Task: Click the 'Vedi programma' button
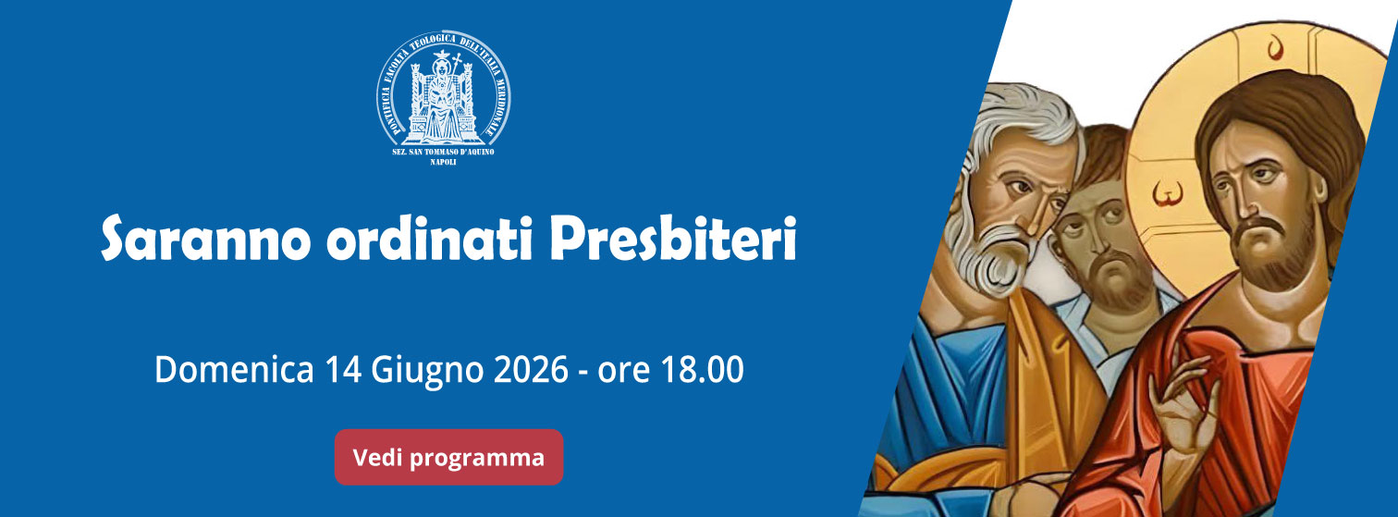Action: click(448, 457)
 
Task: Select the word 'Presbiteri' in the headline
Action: click(673, 238)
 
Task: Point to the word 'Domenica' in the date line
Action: click(234, 369)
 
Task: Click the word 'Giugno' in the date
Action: click(427, 371)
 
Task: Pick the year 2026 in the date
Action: click(531, 369)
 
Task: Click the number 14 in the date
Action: click(343, 369)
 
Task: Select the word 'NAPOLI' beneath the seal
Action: click(443, 163)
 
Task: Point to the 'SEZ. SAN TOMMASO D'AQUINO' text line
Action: click(443, 152)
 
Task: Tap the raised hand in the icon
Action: click(1183, 409)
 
